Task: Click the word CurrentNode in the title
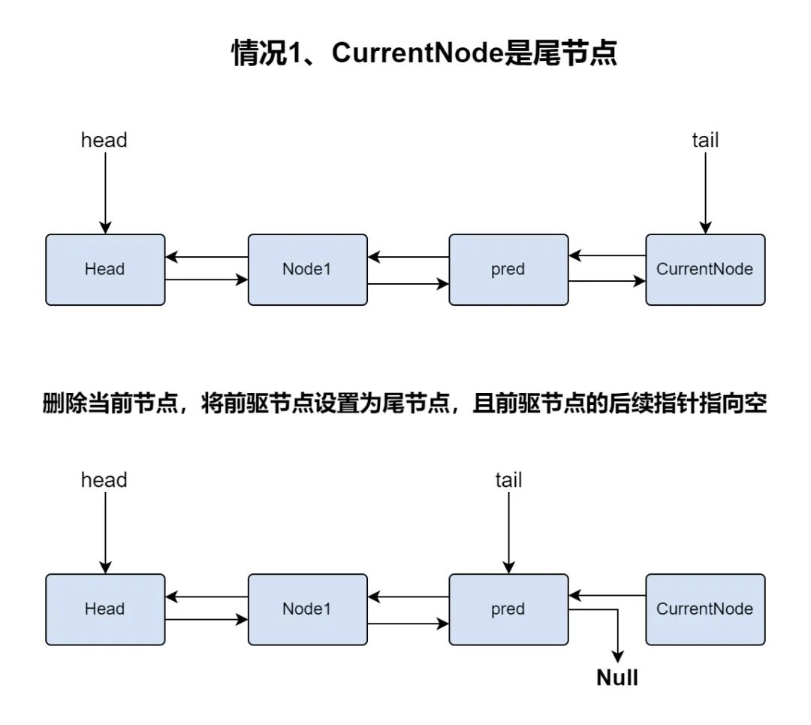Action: pyautogui.click(x=418, y=53)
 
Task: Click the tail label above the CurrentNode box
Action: pyautogui.click(x=704, y=140)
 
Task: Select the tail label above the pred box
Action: pyautogui.click(x=508, y=480)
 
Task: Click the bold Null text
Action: pyautogui.click(x=617, y=678)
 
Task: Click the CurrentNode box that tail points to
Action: pyautogui.click(x=705, y=270)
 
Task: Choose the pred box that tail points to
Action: pyautogui.click(x=508, y=609)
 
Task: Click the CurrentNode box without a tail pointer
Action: pyautogui.click(x=705, y=609)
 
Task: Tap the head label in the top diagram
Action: pyautogui.click(x=104, y=140)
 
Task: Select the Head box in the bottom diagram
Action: pyautogui.click(x=105, y=609)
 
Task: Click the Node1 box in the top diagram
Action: pyautogui.click(x=307, y=270)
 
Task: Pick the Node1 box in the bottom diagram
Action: pyautogui.click(x=307, y=609)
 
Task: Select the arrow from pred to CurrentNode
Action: pyautogui.click(x=607, y=282)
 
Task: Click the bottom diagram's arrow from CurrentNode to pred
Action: pyautogui.click(x=607, y=597)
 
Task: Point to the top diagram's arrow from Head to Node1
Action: pyautogui.click(x=207, y=280)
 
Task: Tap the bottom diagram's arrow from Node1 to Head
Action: pyautogui.click(x=207, y=597)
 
